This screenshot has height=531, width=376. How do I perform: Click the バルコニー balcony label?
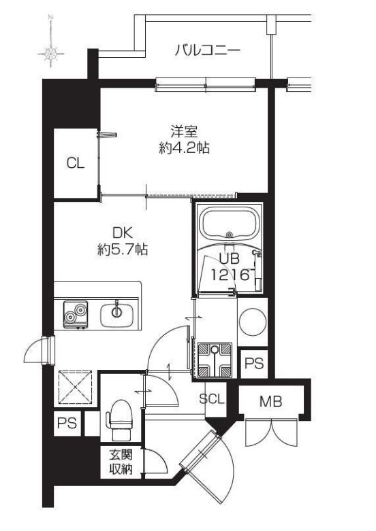point(207,50)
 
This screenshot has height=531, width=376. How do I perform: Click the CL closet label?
point(75,164)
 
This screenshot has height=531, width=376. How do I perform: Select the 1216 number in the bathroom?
point(227,275)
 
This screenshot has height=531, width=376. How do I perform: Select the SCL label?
point(212,399)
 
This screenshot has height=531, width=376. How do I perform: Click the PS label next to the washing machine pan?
point(253,364)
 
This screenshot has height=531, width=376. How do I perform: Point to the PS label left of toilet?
point(66,424)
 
